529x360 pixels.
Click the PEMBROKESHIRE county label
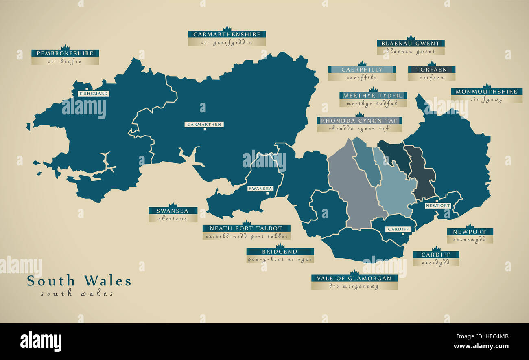tap(65, 53)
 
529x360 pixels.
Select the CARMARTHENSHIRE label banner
tap(227, 34)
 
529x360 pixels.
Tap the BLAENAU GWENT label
tap(411, 43)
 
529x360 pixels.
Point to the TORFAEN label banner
tap(431, 70)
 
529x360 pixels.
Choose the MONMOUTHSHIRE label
tap(486, 92)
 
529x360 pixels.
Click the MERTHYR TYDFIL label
tap(373, 96)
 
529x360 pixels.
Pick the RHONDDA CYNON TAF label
tap(359, 121)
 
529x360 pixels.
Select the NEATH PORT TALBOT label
tap(246, 228)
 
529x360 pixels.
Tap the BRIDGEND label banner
tap(280, 252)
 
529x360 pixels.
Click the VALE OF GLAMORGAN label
tap(354, 279)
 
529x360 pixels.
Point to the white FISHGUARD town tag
tap(94, 94)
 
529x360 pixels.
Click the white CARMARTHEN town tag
tap(204, 124)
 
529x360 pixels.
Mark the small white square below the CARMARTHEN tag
tap(205, 130)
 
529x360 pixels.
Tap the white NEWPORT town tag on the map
tap(438, 206)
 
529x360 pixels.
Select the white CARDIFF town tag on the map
tap(398, 229)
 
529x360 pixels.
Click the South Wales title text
tap(79, 281)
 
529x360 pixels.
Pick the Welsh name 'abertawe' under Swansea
tap(173, 219)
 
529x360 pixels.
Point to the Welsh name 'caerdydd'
tap(436, 263)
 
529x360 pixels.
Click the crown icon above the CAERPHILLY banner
tap(362, 64)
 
